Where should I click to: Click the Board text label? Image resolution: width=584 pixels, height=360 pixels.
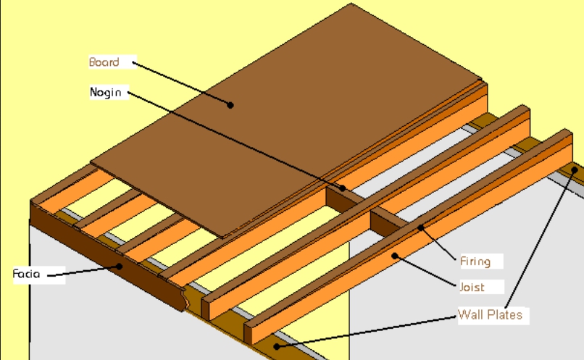coord(104,62)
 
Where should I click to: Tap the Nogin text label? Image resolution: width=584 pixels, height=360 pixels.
coord(105,92)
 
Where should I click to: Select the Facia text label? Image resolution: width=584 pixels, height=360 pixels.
coord(26,274)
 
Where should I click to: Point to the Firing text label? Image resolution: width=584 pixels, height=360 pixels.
coord(475,261)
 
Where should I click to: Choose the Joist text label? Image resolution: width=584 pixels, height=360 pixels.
coord(472,287)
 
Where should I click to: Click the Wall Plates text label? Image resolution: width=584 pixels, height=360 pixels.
coord(490,314)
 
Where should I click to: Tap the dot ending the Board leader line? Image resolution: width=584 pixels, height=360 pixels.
coord(230,105)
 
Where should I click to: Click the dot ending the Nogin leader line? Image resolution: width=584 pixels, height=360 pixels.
coord(342,188)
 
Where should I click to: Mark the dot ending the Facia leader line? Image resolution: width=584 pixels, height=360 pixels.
coord(119,266)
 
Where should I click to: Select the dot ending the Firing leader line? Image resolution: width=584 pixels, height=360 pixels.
coord(420,227)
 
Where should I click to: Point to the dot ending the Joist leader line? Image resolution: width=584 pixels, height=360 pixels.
coord(395,256)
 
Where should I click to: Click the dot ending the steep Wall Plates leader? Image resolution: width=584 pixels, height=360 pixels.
coord(575,170)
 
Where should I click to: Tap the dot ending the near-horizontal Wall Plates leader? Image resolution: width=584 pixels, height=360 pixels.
coord(276,346)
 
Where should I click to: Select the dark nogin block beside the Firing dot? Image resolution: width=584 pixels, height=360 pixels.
coord(388,222)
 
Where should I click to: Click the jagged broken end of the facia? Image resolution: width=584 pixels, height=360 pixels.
coord(185,299)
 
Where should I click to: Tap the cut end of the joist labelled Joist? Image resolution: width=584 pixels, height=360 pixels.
coord(248,334)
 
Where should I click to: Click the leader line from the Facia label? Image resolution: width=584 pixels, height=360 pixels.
coord(83,271)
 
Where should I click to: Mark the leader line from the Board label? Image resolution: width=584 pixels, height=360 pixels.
coord(181,84)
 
